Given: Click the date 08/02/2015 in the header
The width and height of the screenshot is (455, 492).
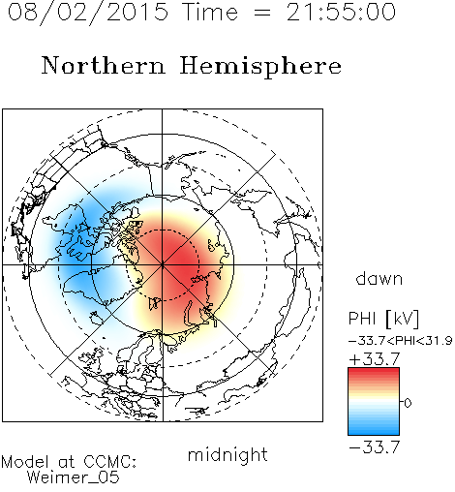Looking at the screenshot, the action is point(88,13).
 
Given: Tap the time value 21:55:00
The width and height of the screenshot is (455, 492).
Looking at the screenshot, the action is point(341,12).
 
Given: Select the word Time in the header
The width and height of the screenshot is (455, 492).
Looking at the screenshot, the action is point(210,12).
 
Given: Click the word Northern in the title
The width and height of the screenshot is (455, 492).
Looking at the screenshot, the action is point(104,65).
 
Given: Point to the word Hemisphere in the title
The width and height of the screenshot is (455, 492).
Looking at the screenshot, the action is point(260,67).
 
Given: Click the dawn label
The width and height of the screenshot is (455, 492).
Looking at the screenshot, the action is point(379,278).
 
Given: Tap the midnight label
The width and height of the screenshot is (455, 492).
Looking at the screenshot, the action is point(227,454).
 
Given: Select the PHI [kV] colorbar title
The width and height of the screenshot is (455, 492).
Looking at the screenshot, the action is point(383,319).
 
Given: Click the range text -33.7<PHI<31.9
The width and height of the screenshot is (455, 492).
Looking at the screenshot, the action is point(401,341).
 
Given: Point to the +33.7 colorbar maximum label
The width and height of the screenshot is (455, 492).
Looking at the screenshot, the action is point(375,359).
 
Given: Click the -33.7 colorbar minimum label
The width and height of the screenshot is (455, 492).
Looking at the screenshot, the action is point(375,447).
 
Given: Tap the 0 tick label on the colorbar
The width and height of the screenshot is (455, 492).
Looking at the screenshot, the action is point(408,403).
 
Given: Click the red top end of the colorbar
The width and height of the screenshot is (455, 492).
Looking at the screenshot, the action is point(374,371).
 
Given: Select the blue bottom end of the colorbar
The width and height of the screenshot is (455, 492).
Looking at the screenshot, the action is point(374,432).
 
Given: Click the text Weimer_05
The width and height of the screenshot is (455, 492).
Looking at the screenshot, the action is point(74,477).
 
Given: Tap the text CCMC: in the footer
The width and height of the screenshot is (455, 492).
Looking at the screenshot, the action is point(110,462).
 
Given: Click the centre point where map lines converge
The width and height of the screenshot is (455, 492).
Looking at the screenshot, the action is point(163,264).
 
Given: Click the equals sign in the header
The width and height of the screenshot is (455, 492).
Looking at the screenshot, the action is point(262,13).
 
